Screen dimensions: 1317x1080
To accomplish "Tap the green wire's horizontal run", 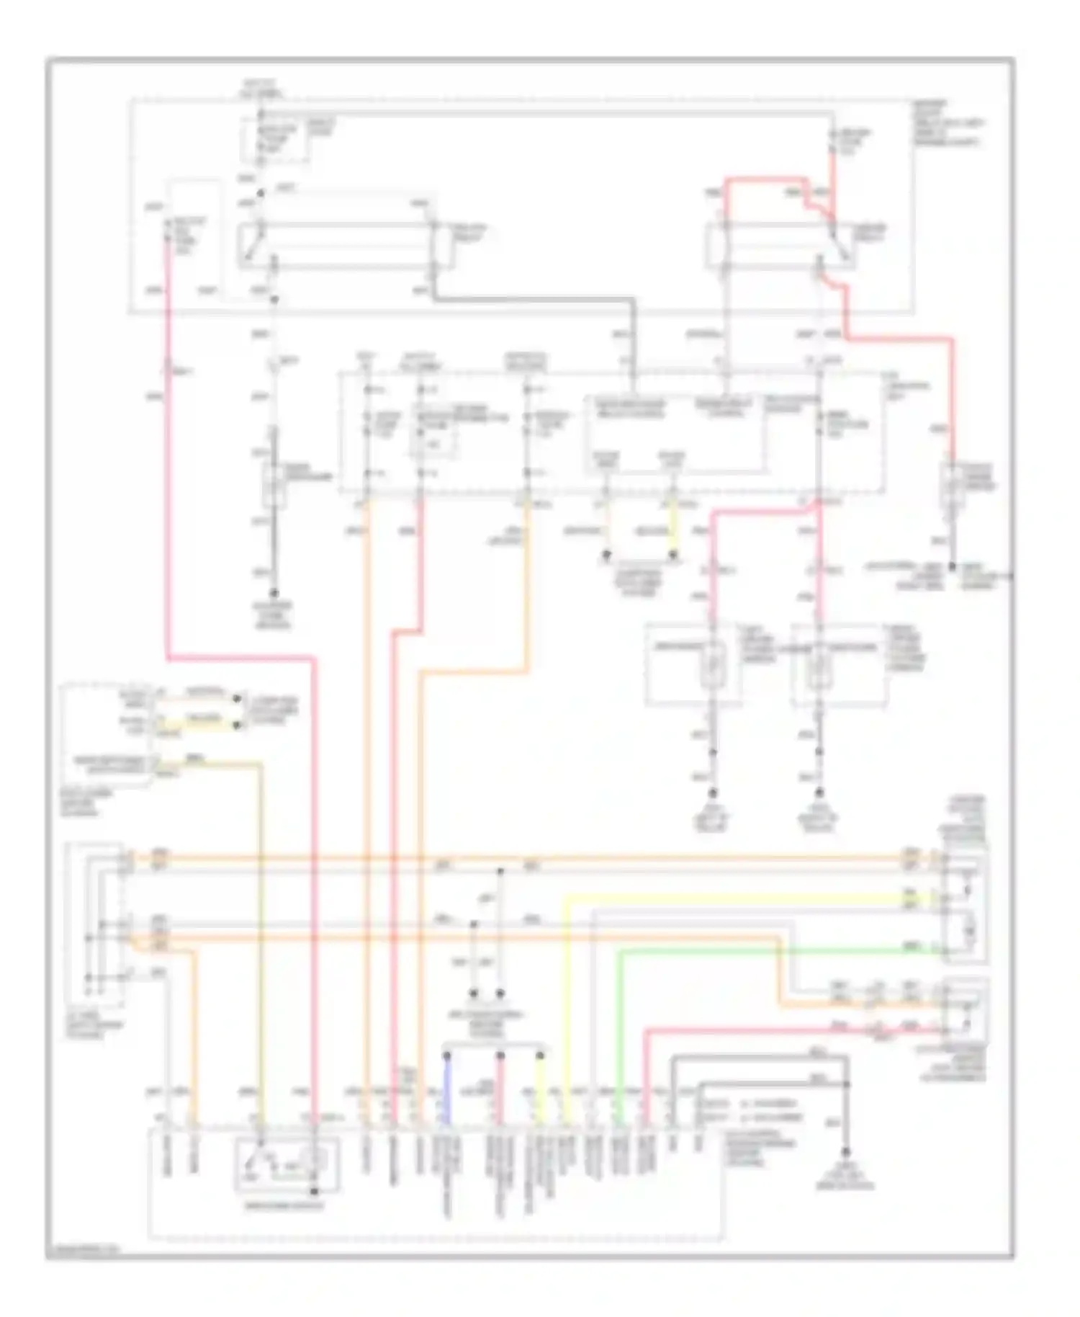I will pyautogui.click(x=778, y=951).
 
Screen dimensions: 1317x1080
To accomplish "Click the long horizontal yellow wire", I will pyautogui.click(x=734, y=897).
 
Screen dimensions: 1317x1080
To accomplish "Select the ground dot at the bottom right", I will pyautogui.click(x=847, y=1151).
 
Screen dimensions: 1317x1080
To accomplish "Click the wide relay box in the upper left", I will pyautogui.click(x=346, y=246).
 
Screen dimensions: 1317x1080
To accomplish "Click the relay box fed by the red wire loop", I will pyautogui.click(x=779, y=246).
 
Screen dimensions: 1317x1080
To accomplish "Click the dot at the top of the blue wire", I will pyautogui.click(x=446, y=1055).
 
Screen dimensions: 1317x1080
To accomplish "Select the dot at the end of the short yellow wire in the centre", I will pyautogui.click(x=674, y=555).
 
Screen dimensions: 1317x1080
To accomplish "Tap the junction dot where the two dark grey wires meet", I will pyautogui.click(x=847, y=1084).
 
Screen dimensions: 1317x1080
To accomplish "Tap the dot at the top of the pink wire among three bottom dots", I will pyautogui.click(x=499, y=1055).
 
